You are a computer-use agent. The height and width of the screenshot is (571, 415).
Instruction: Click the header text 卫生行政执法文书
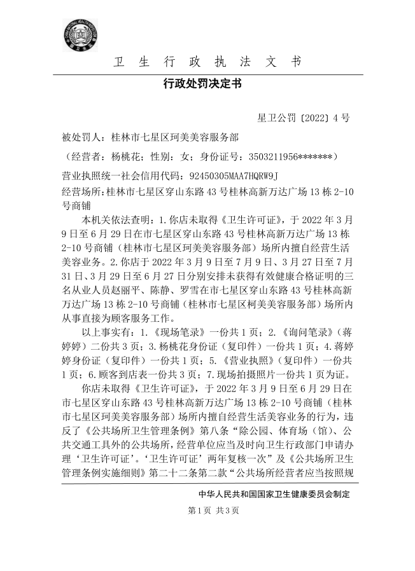pyautogui.click(x=207, y=62)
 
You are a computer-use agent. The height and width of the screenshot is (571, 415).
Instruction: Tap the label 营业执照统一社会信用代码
pyautogui.click(x=119, y=174)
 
